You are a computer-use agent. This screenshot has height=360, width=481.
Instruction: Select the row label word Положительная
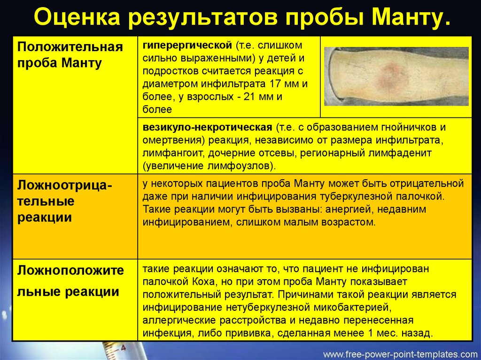(x=70, y=47)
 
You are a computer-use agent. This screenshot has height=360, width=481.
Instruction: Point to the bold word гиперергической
(x=187, y=46)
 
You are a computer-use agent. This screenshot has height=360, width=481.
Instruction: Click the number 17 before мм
(x=276, y=84)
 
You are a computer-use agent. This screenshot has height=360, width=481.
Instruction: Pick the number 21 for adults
(x=250, y=97)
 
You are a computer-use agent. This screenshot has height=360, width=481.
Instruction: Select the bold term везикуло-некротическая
(x=207, y=127)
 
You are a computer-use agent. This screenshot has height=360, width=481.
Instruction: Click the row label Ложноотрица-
(x=64, y=186)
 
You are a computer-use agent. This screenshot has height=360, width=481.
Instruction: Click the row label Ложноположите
(x=70, y=270)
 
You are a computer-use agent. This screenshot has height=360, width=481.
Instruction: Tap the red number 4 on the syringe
(x=123, y=348)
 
